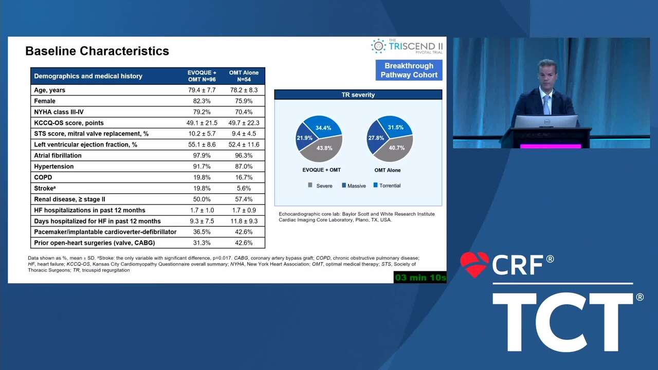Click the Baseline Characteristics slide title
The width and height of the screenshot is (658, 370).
click(97, 51)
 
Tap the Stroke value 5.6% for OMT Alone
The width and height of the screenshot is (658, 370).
click(244, 188)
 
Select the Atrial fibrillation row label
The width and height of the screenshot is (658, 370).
click(58, 155)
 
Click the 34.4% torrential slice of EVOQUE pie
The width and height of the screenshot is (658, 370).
click(323, 126)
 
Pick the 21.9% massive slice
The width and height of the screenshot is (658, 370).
click(304, 137)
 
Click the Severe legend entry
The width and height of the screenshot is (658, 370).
click(320, 186)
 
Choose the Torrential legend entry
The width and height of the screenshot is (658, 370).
click(387, 186)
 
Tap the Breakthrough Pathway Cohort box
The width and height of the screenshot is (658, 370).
click(409, 70)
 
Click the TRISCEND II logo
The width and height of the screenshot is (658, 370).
click(407, 46)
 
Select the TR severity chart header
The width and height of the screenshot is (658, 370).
click(358, 95)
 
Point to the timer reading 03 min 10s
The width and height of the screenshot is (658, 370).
click(420, 277)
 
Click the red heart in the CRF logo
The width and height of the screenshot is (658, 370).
click(474, 264)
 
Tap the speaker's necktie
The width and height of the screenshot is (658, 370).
click(546, 104)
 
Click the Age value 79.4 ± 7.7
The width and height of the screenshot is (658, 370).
click(202, 90)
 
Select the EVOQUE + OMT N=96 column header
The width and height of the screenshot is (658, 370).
click(202, 76)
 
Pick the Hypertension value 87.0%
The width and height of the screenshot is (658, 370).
click(244, 166)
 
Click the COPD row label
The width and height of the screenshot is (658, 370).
click(43, 177)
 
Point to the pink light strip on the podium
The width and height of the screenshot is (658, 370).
click(551, 146)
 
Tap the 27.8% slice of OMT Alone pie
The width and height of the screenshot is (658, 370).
click(375, 137)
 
